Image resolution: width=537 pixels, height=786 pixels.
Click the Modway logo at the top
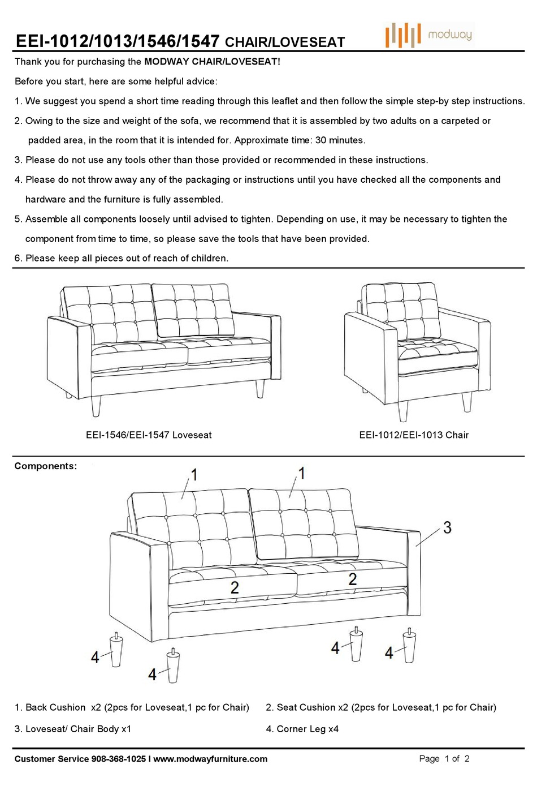pyautogui.click(x=428, y=35)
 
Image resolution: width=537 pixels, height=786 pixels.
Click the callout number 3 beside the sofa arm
pyautogui.click(x=447, y=528)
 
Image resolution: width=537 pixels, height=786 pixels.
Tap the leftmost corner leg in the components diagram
pyautogui.click(x=116, y=651)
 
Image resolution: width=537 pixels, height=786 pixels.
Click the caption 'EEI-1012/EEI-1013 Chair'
pyautogui.click(x=414, y=435)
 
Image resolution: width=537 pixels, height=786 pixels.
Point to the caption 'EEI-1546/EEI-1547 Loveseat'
pyautogui.click(x=149, y=435)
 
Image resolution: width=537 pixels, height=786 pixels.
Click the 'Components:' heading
pyautogui.click(x=45, y=466)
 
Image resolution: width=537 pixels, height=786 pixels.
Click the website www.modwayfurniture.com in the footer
pyautogui.click(x=210, y=759)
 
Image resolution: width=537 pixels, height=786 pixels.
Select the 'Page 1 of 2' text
pyautogui.click(x=444, y=759)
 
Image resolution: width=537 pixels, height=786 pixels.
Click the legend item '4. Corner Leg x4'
pyautogui.click(x=302, y=729)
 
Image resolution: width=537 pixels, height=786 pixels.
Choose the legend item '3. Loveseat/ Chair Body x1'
pyautogui.click(x=72, y=729)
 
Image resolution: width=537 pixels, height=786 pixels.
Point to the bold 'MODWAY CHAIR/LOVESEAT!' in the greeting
pyautogui.click(x=212, y=62)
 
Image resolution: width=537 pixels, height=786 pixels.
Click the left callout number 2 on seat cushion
pyautogui.click(x=235, y=587)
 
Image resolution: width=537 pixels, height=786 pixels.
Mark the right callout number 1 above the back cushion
pyautogui.click(x=301, y=473)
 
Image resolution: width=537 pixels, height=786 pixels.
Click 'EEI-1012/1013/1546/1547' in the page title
pyautogui.click(x=118, y=41)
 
